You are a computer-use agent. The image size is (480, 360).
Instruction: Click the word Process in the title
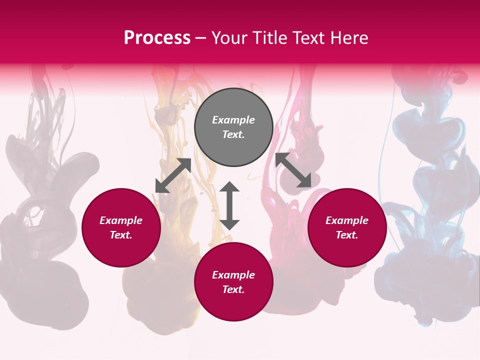[x=157, y=38]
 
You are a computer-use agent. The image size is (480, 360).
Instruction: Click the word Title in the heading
[x=268, y=38]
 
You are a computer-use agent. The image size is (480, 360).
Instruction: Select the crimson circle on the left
[x=121, y=250]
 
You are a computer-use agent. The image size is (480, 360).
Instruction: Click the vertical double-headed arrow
[x=229, y=205]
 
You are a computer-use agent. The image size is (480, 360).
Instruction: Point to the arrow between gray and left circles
[x=173, y=175]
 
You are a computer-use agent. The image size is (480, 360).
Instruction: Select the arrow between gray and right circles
[x=293, y=170]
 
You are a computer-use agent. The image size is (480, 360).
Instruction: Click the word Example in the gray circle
[x=233, y=120]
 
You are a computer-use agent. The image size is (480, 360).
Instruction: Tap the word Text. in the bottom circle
[x=233, y=289]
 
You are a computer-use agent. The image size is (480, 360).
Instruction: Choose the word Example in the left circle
[x=121, y=220]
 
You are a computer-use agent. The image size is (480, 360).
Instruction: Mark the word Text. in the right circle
[x=347, y=235]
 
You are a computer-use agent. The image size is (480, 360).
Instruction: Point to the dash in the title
[x=200, y=38]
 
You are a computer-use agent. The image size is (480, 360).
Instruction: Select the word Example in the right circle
[x=347, y=220]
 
